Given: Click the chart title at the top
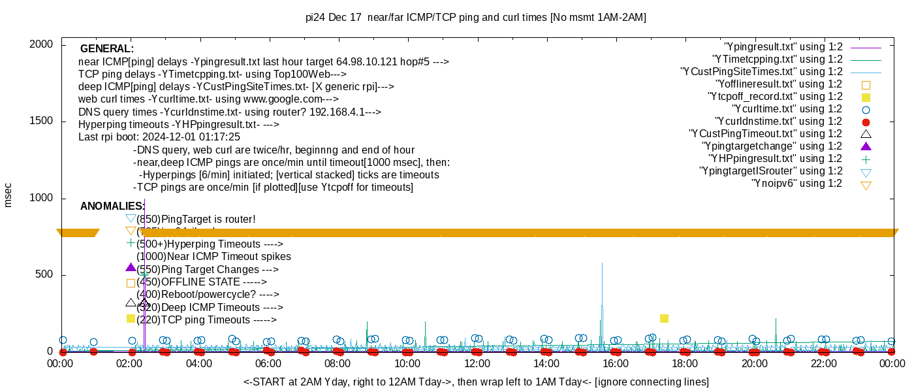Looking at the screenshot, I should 475,18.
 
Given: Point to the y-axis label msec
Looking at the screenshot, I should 8,195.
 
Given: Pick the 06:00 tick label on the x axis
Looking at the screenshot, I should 268,363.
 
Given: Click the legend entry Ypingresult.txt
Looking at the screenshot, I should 783,47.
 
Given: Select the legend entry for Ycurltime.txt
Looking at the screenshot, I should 787,109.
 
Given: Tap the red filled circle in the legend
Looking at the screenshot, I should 866,122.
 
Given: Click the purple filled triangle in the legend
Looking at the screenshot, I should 866,146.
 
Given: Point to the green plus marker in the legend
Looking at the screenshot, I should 866,159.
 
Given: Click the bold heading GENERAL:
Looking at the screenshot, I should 107,49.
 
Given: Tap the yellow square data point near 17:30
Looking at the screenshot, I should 664,318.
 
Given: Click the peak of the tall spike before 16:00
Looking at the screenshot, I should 602,263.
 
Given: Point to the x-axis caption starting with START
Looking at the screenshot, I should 476,382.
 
